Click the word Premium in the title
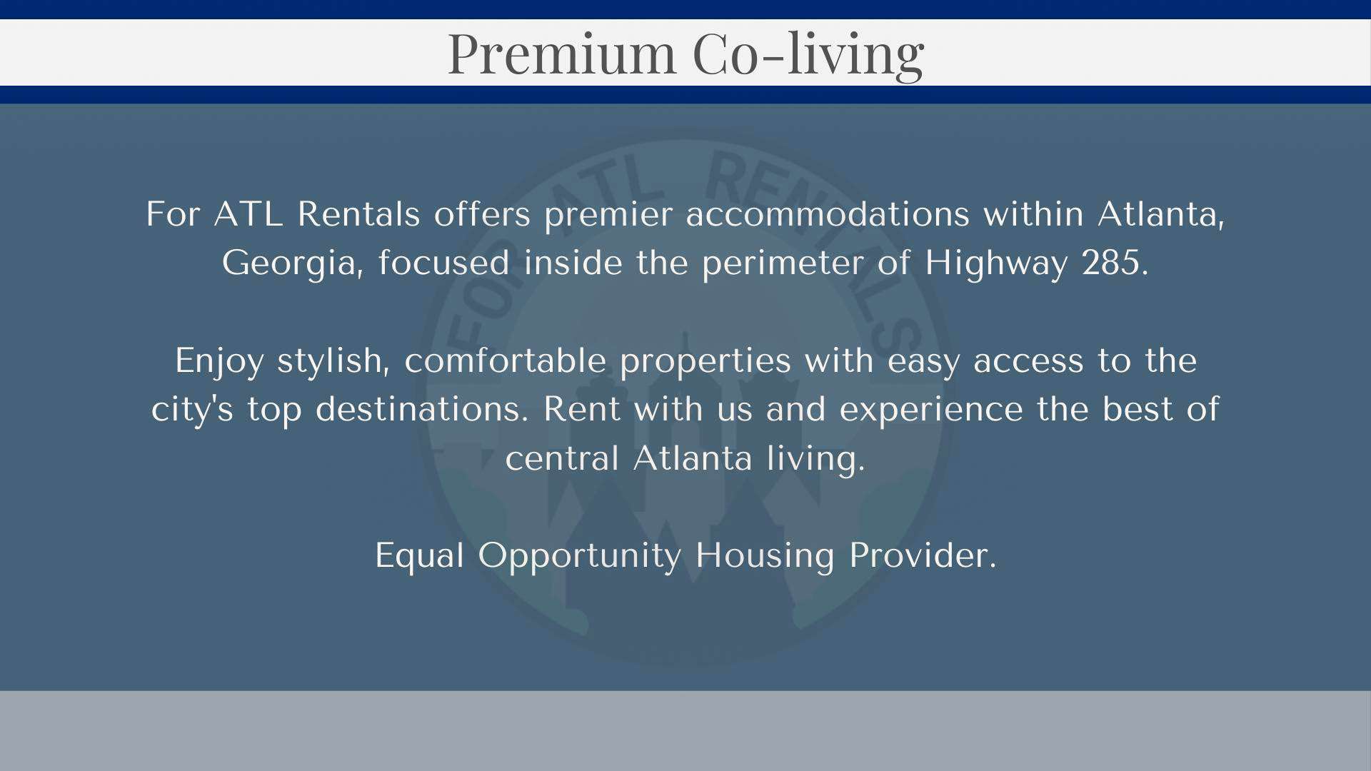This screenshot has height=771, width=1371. pyautogui.click(x=561, y=54)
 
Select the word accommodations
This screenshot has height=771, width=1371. pyautogui.click(x=828, y=214)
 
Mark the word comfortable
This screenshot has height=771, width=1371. pyautogui.click(x=505, y=361)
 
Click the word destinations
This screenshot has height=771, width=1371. pyautogui.click(x=422, y=409)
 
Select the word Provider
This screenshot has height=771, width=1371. pyautogui.click(x=923, y=555)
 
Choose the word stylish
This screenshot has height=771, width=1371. pyautogui.click(x=333, y=361)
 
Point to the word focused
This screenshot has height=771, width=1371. pyautogui.click(x=443, y=263)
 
